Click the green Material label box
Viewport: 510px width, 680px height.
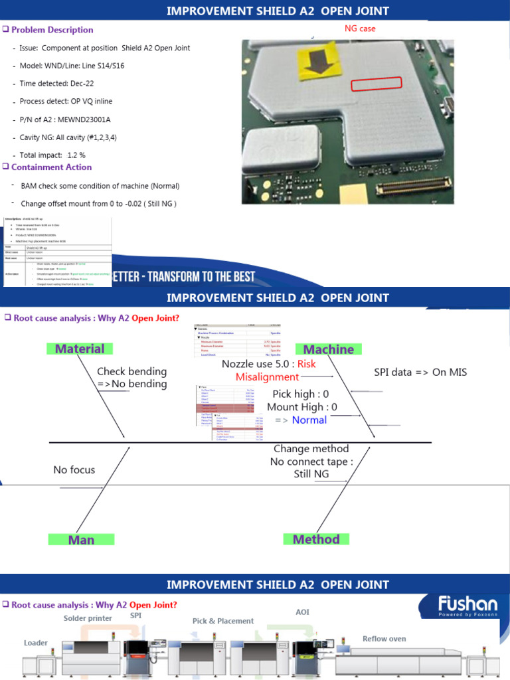[x=80, y=349]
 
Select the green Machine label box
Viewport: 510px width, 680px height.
[x=328, y=349]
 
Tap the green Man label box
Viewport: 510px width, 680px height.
[x=81, y=540]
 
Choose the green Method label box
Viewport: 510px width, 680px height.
[x=316, y=539]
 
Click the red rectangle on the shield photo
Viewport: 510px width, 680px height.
[x=376, y=83]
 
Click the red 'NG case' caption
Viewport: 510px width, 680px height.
[x=360, y=29]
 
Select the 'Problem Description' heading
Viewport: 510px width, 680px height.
[x=52, y=30]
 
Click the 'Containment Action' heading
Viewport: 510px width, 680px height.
[x=51, y=167]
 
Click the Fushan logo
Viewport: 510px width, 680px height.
[x=467, y=606]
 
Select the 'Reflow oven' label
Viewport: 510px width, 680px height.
[x=384, y=639]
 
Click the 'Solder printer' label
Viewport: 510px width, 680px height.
[x=88, y=618]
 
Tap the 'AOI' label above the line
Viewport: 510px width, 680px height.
[x=302, y=612]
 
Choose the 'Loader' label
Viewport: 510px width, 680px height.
[x=36, y=643]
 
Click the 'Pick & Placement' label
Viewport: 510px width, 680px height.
[x=223, y=621]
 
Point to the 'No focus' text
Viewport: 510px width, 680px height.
[x=74, y=470]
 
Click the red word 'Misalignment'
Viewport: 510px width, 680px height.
[x=268, y=377]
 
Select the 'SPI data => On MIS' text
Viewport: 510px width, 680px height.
[x=420, y=372]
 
